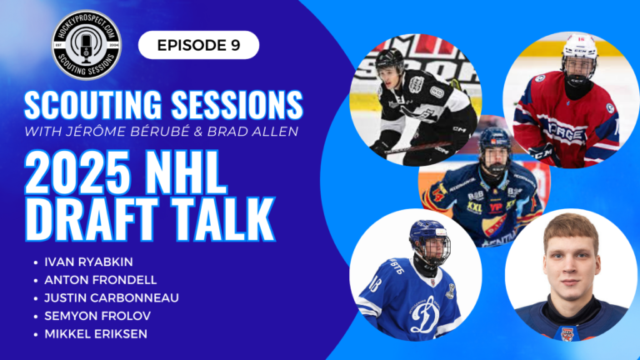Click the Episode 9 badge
tap(198, 45)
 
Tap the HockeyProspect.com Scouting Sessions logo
tap(87, 44)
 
